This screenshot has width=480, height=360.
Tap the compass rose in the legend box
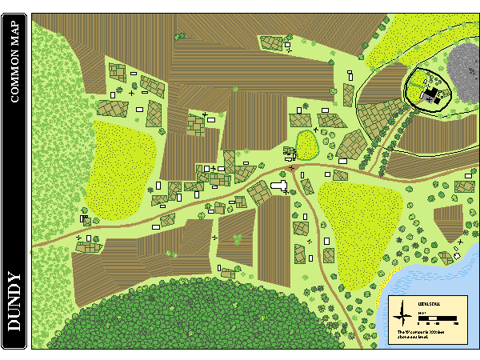click(403, 314)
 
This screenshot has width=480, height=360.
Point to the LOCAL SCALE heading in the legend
click(428, 304)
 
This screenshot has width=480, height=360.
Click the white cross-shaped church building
click(280, 186)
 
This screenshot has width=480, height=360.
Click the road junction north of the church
click(293, 170)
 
